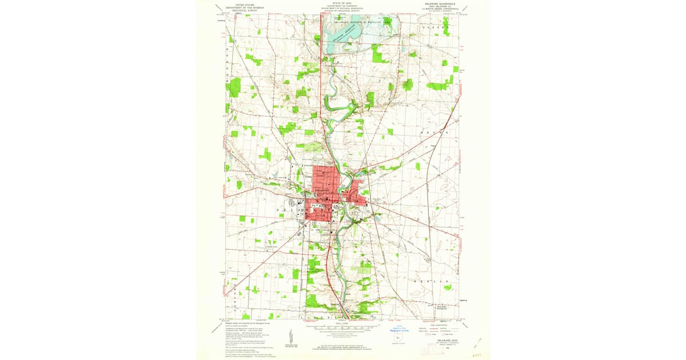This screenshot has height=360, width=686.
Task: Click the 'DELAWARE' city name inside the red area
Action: [322, 190]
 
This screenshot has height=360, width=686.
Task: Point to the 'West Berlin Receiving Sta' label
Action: [441, 308]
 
